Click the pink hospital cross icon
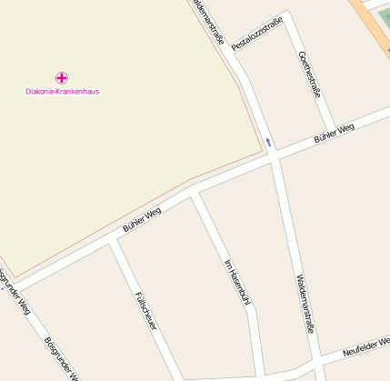click(62, 78)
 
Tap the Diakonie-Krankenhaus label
click(62, 92)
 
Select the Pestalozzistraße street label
click(257, 34)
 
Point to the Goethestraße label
click(311, 74)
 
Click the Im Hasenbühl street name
click(236, 281)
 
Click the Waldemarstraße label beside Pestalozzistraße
click(209, 20)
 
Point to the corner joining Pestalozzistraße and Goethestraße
click(289, 18)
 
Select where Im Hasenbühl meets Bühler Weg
click(195, 194)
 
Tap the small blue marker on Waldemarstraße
click(268, 140)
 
